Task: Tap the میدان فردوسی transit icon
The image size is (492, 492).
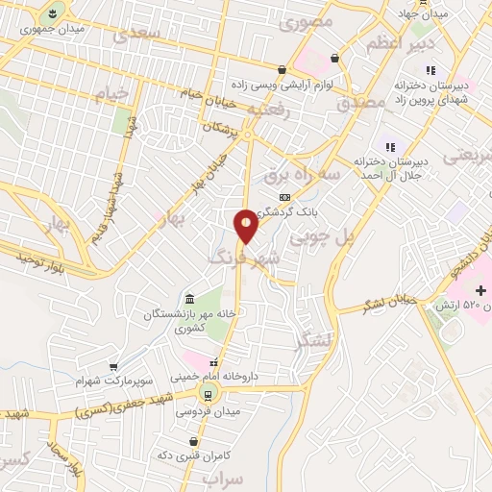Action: [207, 395]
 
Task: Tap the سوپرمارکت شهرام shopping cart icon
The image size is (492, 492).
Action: [114, 367]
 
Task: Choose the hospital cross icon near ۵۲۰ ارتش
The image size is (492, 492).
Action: [480, 290]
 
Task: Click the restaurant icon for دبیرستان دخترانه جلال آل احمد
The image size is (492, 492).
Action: [390, 147]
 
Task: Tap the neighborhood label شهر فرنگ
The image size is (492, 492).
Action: [246, 258]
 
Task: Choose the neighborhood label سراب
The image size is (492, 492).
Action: [218, 477]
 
